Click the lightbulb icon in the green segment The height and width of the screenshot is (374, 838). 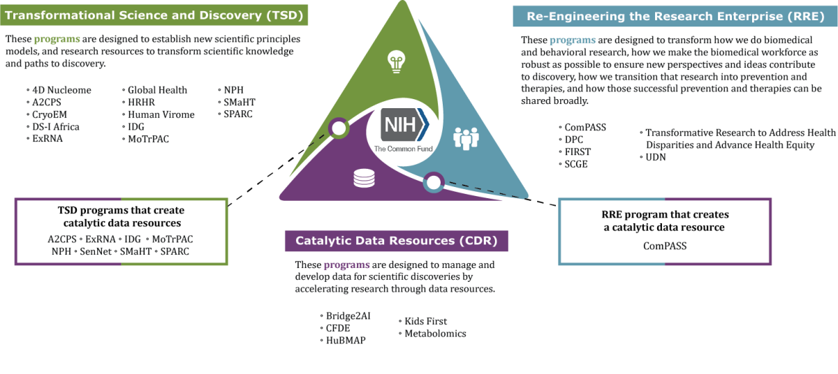pos(397,62)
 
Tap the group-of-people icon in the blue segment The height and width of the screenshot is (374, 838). pos(466,137)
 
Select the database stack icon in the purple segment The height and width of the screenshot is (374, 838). pos(364,179)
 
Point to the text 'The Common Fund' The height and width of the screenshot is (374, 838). pos(403,149)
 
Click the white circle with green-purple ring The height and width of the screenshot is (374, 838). pos(339,128)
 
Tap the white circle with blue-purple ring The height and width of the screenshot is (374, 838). pos(434,183)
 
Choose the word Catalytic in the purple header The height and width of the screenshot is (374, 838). pos(323,241)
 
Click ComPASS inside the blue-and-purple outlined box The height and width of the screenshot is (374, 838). pos(666,246)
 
